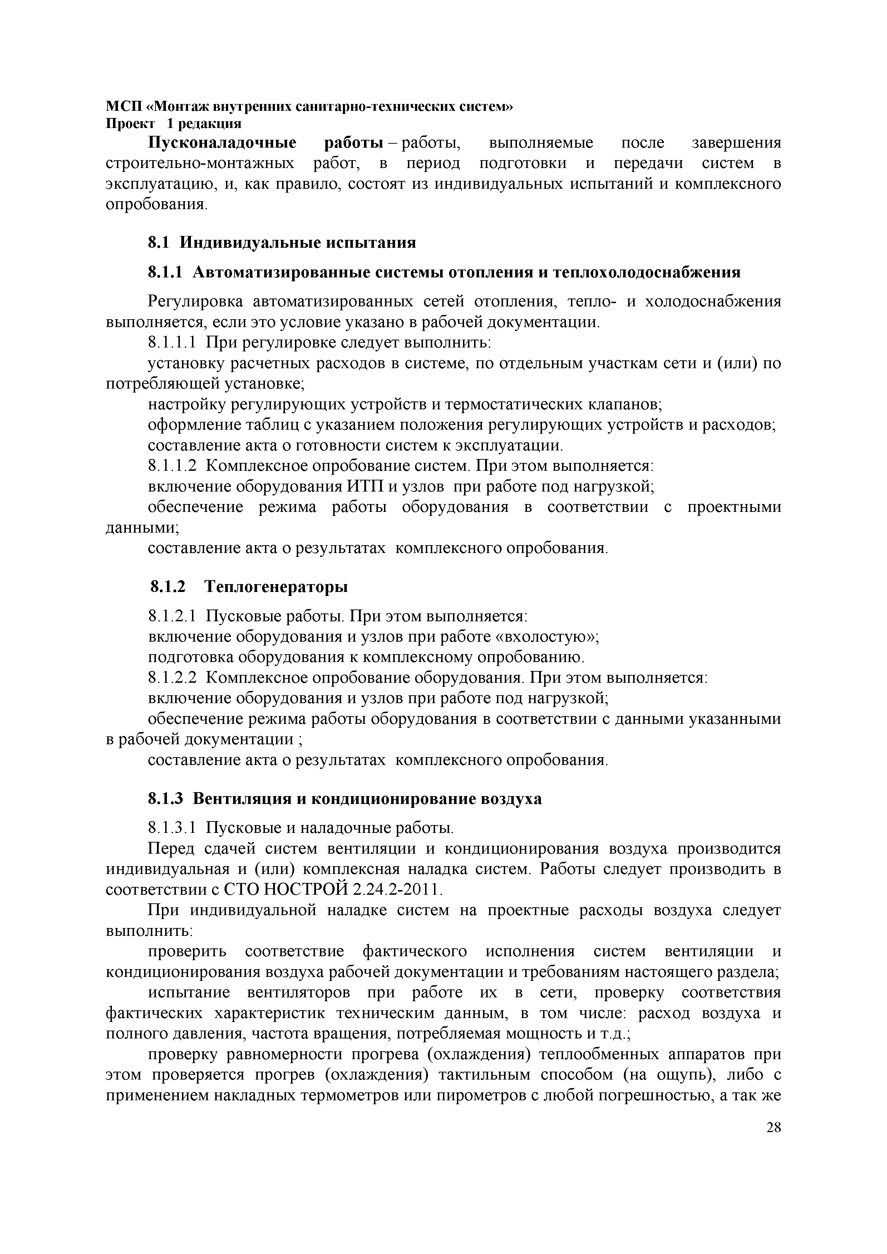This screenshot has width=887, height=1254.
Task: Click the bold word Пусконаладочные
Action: (x=223, y=143)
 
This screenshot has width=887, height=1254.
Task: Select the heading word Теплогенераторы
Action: (x=276, y=587)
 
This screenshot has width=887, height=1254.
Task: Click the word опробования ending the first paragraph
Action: (x=156, y=205)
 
